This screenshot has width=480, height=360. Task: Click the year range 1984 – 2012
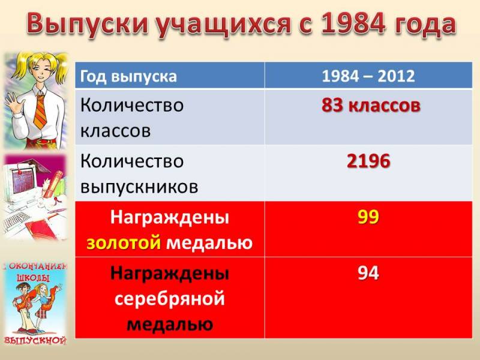[x=368, y=76]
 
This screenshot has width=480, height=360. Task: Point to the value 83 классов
[x=371, y=106]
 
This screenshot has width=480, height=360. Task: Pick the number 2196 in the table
[x=368, y=161]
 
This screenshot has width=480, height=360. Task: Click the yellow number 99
[x=368, y=217]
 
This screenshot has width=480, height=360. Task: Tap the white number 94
[x=368, y=273]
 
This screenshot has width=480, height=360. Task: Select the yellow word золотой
[x=124, y=243]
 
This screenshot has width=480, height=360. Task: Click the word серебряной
[x=170, y=299]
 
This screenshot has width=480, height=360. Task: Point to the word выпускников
[x=139, y=187]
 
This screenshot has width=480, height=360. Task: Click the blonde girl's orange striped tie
[x=40, y=111]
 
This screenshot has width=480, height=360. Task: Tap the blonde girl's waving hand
[x=12, y=103]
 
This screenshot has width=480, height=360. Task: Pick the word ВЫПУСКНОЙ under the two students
[x=35, y=340]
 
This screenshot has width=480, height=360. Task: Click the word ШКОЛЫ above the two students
[x=33, y=278]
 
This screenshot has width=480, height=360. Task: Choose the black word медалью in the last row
[x=170, y=325]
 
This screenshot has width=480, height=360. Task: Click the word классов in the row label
[x=115, y=131]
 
